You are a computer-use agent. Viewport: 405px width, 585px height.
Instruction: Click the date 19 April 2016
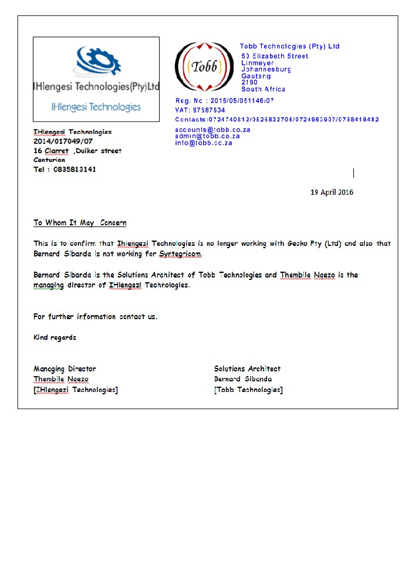point(332,192)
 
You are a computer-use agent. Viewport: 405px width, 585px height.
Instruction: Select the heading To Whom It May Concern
point(80,223)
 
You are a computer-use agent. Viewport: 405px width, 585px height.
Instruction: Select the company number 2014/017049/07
point(63,141)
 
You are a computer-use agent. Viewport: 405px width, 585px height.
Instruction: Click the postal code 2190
point(249,82)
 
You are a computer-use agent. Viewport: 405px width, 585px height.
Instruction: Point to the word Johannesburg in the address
point(266,69)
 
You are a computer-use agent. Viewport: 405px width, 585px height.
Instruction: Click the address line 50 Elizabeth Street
point(275,56)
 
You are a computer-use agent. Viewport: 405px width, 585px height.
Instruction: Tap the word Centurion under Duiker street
point(49,160)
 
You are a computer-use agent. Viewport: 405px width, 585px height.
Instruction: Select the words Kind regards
point(55,337)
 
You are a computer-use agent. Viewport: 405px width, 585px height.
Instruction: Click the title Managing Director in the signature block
point(65,369)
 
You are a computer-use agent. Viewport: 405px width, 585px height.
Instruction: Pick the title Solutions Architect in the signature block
point(247,369)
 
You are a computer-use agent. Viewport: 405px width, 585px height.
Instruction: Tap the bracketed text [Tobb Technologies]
point(248,390)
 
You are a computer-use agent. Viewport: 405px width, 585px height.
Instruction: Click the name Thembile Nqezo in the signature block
point(61,379)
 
